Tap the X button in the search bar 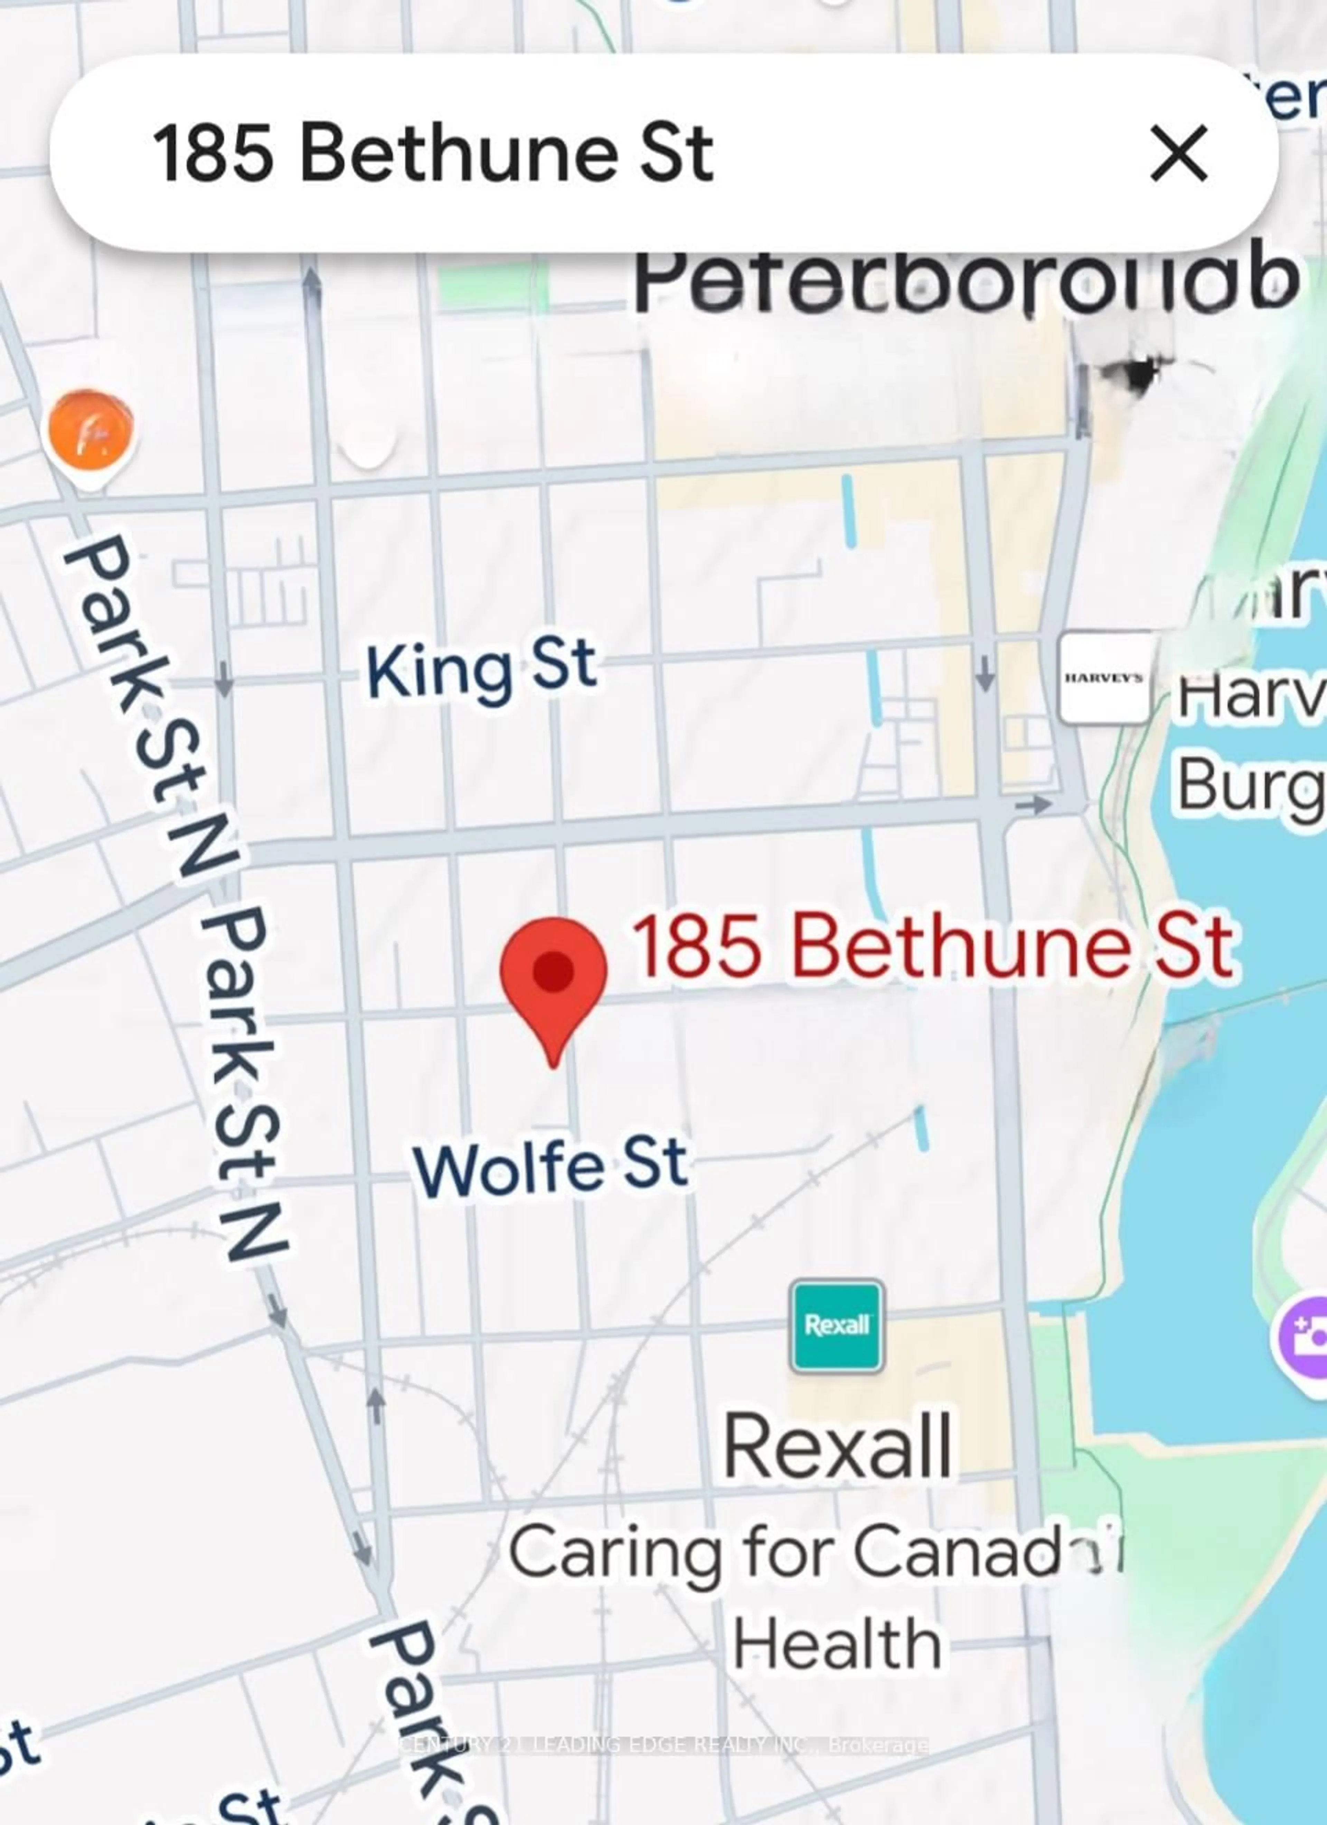coord(1178,153)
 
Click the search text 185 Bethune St coord(433,153)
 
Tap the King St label coord(481,668)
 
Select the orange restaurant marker coord(90,433)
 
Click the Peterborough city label coord(966,282)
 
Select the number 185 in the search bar coord(213,153)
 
